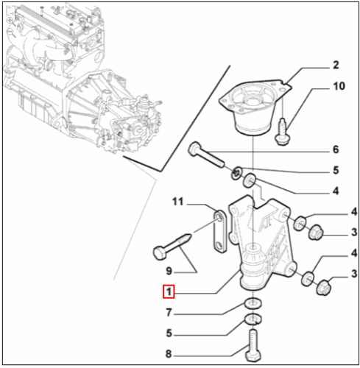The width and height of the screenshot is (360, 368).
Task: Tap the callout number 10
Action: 338,87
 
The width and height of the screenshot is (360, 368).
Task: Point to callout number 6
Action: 335,150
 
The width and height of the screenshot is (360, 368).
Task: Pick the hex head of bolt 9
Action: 160,253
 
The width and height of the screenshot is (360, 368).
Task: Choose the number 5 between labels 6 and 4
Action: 335,171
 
